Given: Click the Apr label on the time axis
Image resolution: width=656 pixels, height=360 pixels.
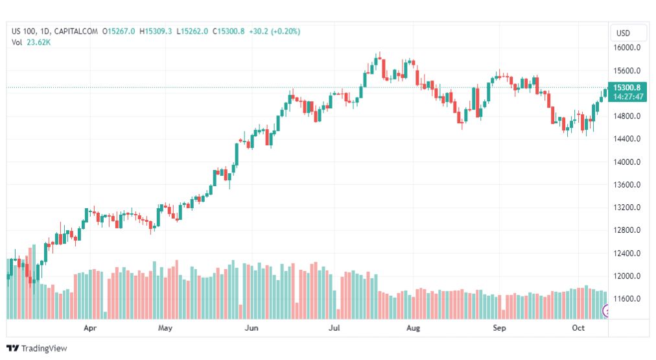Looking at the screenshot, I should click(90, 329).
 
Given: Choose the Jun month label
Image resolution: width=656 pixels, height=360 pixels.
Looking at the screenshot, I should click(252, 329).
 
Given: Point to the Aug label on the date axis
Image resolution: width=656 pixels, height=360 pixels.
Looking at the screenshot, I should click(413, 329).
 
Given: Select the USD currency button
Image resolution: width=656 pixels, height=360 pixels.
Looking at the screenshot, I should click(623, 33).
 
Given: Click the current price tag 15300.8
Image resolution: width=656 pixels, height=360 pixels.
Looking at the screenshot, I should click(627, 88).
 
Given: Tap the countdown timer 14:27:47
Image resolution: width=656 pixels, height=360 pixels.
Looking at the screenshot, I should click(628, 97).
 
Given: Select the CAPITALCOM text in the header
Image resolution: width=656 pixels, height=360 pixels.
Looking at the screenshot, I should click(76, 31).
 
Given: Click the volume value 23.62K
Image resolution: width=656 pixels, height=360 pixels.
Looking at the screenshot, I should click(39, 42).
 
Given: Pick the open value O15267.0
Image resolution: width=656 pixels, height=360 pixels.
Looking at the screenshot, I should click(119, 31).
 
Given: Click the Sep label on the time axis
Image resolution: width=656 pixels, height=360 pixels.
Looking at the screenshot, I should click(499, 329).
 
